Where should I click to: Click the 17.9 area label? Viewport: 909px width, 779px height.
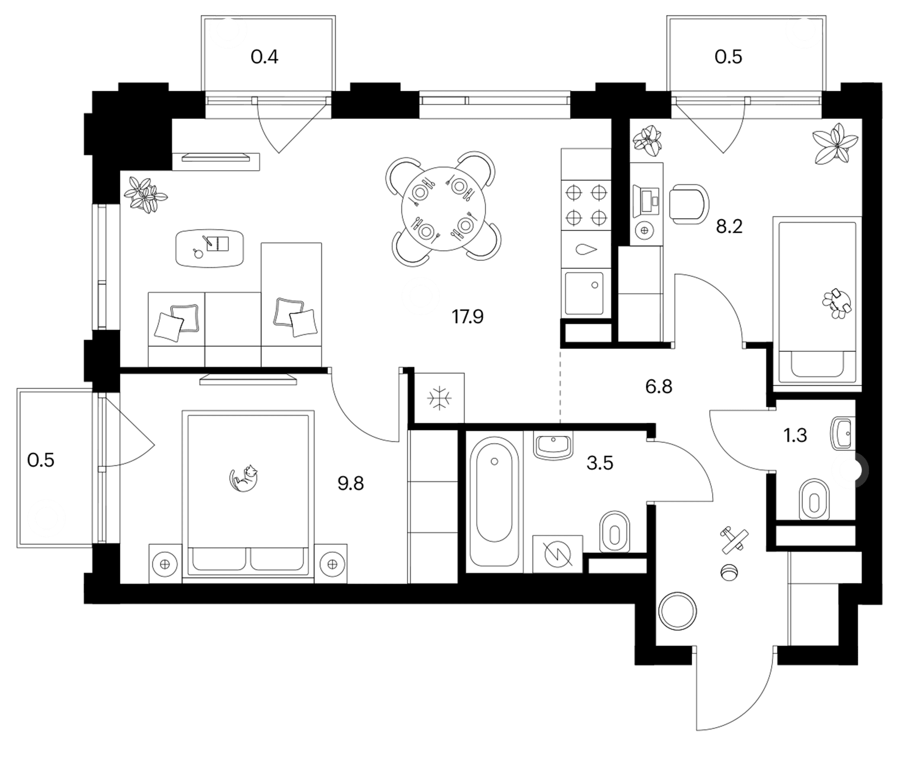(x=467, y=316)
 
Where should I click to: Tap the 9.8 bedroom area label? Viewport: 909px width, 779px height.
(x=351, y=484)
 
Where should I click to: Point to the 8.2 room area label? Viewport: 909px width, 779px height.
(x=729, y=227)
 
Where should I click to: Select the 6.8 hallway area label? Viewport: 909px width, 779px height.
(x=659, y=387)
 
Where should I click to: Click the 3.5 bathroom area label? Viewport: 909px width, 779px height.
(x=600, y=463)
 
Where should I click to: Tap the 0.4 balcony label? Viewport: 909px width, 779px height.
(x=264, y=57)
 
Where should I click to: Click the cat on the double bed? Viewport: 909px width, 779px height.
(x=244, y=478)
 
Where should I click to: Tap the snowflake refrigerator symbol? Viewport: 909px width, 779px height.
(x=439, y=398)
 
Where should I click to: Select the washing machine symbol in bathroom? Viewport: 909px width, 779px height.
(x=558, y=554)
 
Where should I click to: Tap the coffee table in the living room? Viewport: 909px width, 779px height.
(x=210, y=248)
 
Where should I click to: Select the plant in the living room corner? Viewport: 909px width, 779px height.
(x=145, y=195)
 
